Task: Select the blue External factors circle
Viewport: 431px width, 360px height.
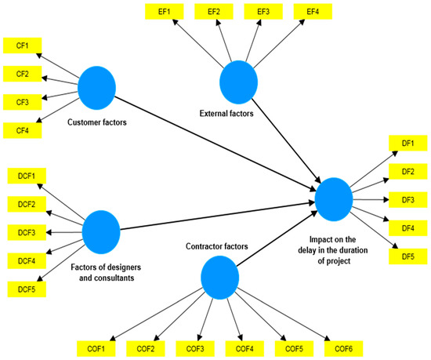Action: (238, 82)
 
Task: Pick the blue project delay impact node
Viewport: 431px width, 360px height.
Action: (332, 198)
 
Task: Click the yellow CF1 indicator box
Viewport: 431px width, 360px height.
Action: (23, 46)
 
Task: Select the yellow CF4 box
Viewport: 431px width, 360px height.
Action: (23, 130)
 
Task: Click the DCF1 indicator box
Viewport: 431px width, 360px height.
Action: (27, 176)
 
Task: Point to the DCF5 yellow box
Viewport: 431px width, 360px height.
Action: (27, 289)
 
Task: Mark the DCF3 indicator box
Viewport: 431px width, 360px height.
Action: (27, 233)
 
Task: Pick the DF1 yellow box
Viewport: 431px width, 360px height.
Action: (407, 144)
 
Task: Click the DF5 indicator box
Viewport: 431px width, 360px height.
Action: (407, 256)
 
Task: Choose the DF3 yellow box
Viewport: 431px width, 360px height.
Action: (407, 200)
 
